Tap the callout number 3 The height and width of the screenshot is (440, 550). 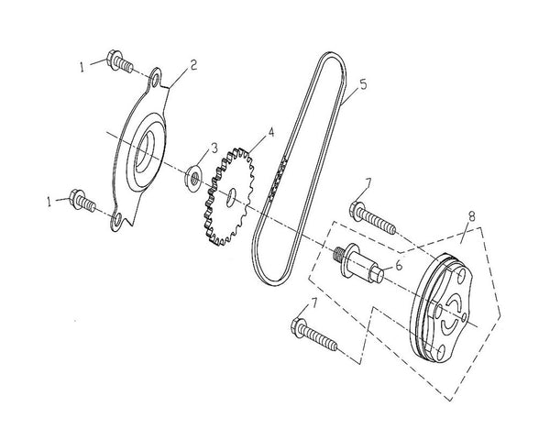pos(214,147)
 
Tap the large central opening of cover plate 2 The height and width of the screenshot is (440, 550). pos(147,161)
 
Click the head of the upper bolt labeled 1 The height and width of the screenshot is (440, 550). pos(116,60)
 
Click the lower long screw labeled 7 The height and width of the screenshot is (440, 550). pos(316,335)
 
